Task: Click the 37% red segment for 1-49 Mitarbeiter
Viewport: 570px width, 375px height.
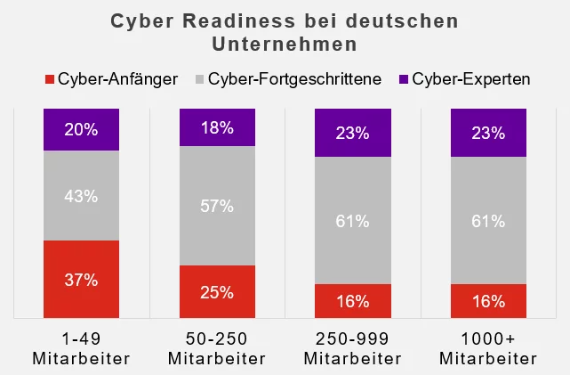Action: point(81,279)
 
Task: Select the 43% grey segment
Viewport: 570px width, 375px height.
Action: point(81,196)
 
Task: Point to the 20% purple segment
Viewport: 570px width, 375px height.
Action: point(81,129)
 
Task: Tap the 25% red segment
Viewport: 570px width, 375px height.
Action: point(216,291)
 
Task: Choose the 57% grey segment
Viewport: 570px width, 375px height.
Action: point(216,206)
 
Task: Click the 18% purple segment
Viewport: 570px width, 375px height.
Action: point(216,127)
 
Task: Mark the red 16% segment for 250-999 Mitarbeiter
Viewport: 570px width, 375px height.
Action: point(353,300)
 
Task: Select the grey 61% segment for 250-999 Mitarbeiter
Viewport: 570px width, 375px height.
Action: point(353,221)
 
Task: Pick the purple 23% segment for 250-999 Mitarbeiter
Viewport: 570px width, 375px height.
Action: point(353,133)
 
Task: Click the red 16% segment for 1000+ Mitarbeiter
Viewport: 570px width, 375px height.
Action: point(488,300)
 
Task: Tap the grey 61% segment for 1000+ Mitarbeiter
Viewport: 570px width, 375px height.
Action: point(488,221)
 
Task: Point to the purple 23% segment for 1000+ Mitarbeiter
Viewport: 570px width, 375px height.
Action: point(488,133)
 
